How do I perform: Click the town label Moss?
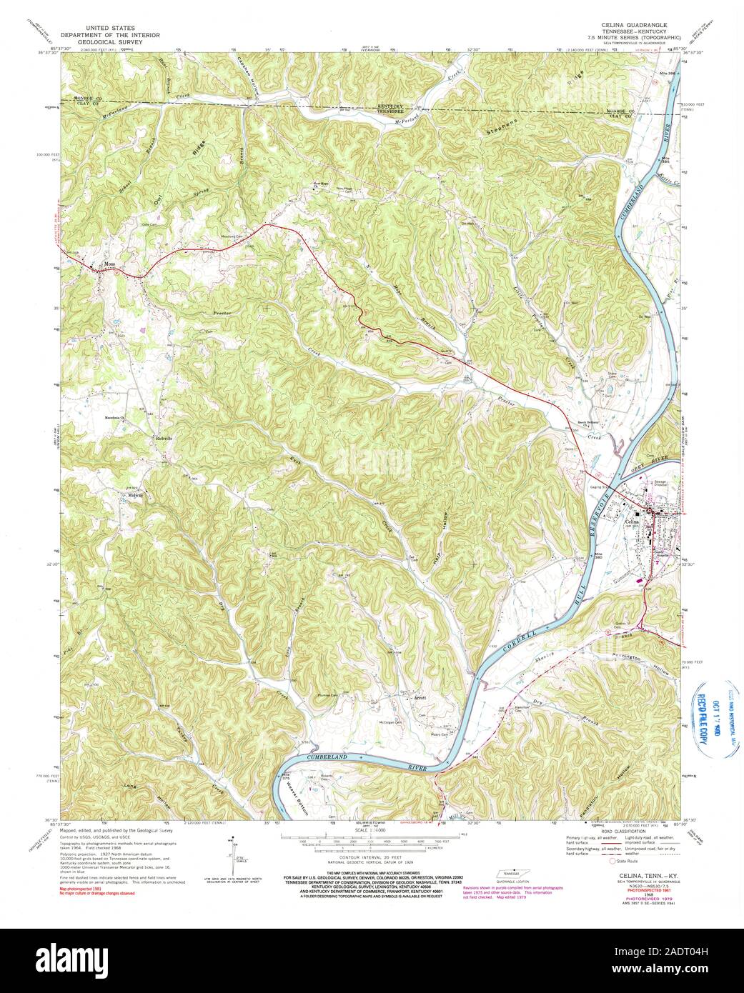[109, 264]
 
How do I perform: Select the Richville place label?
[164, 438]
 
